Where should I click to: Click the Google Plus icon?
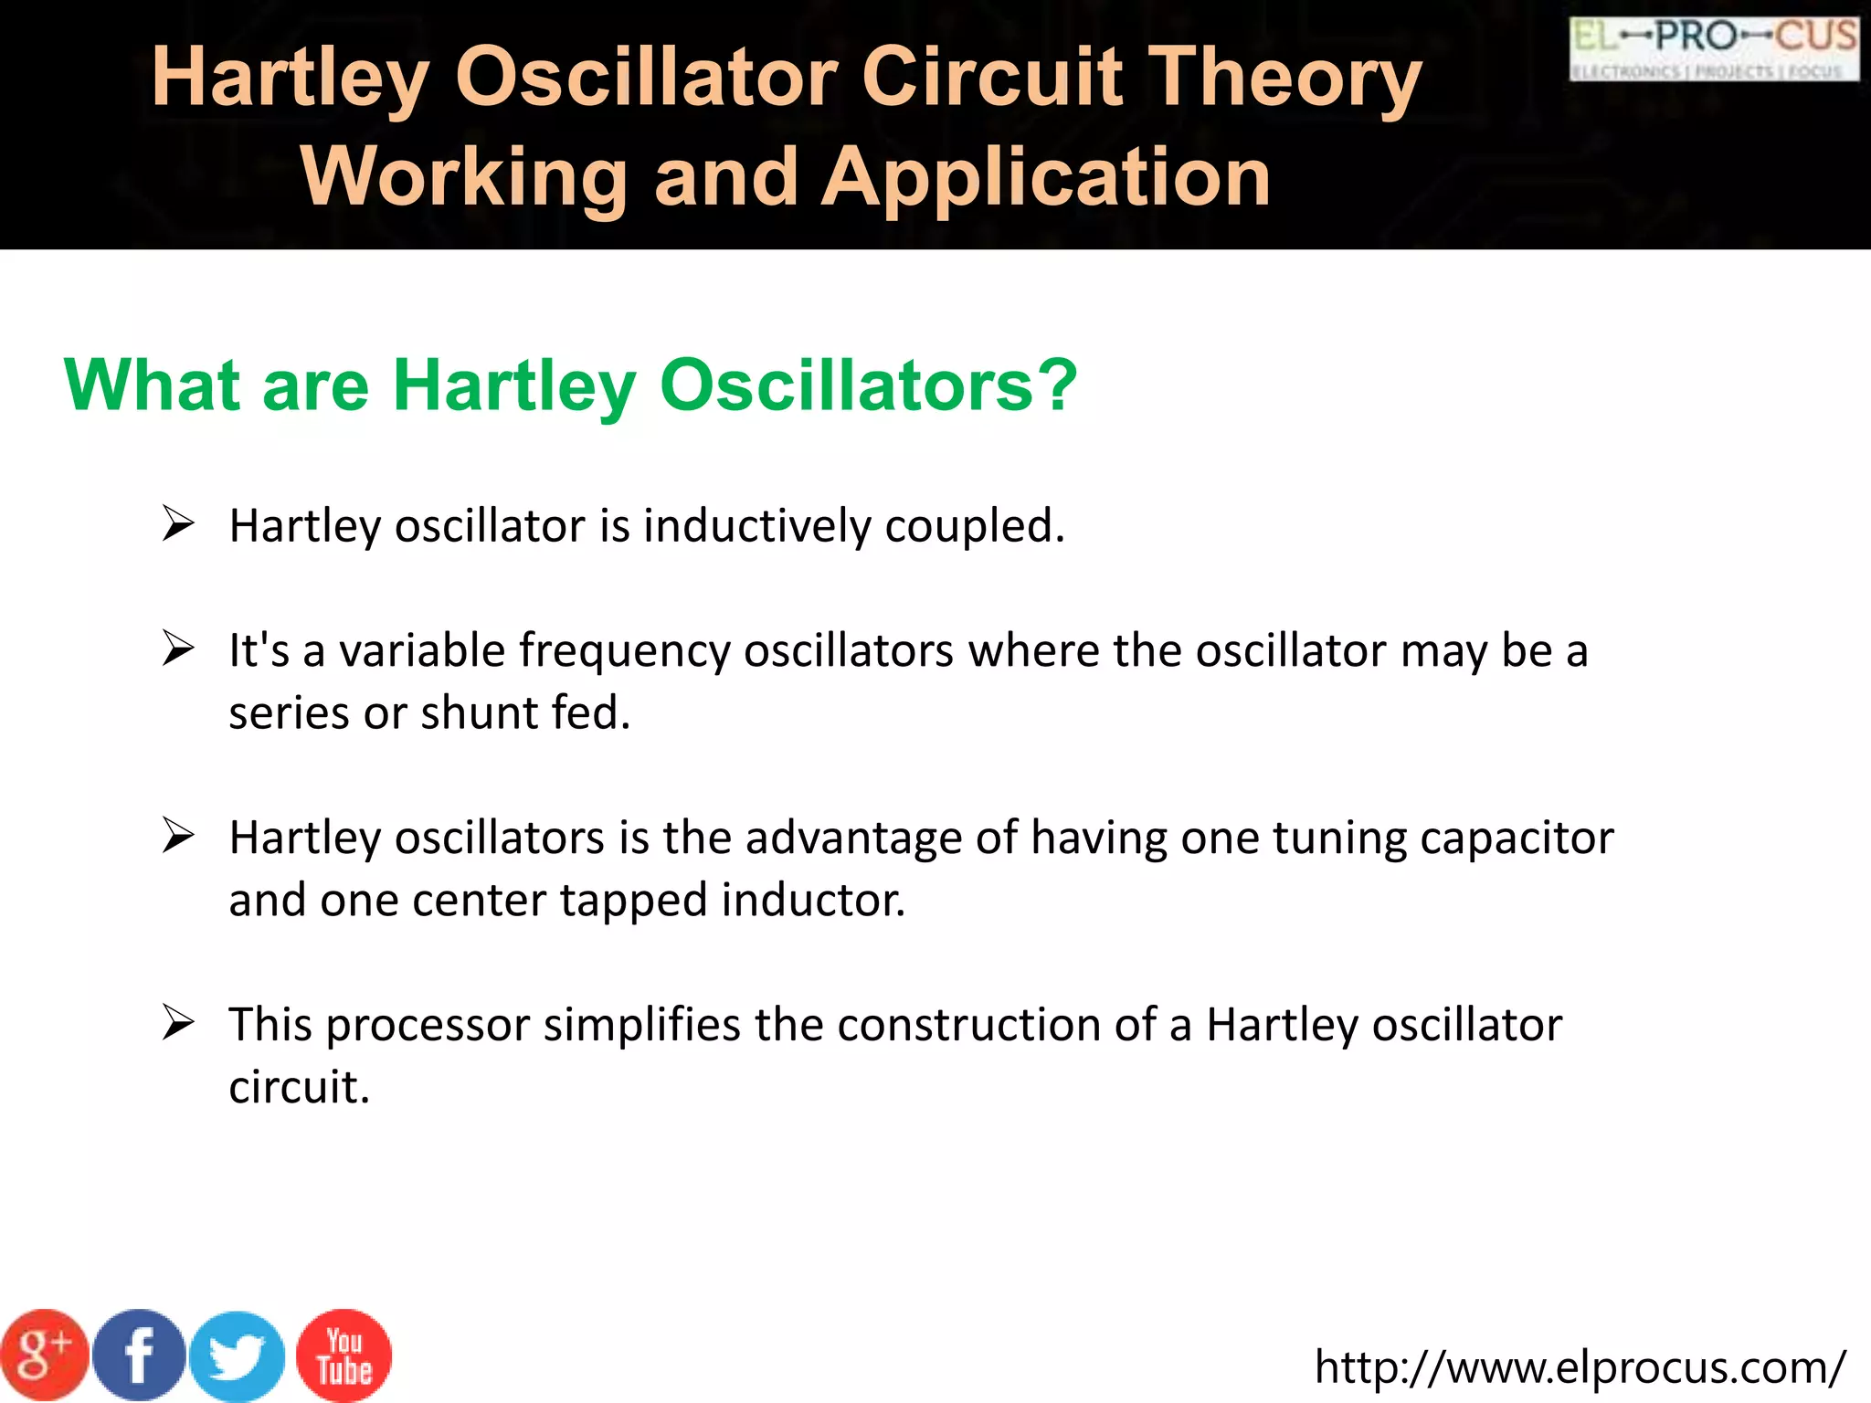[x=43, y=1356]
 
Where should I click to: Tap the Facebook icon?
[x=139, y=1356]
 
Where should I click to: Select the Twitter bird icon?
[x=238, y=1357]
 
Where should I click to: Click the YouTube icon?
[x=344, y=1356]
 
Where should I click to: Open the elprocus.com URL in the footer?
[x=1580, y=1367]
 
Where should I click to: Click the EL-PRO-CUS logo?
[x=1714, y=48]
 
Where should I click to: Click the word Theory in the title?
[x=1284, y=79]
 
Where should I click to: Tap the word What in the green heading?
[x=152, y=385]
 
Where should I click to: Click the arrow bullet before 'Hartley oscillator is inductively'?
[x=178, y=524]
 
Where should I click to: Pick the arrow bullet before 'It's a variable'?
[x=178, y=649]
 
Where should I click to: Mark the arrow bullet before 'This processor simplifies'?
[x=178, y=1023]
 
